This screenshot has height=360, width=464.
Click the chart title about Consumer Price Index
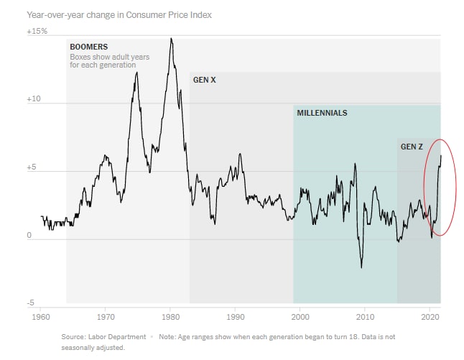[x=119, y=14]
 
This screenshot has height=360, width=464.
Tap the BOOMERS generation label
[x=88, y=47]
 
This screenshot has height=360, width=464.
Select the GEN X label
[x=204, y=79]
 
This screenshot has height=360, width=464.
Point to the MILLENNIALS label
[x=322, y=113]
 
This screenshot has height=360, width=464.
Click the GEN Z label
[x=412, y=147]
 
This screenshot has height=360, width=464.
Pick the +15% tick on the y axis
[x=37, y=31]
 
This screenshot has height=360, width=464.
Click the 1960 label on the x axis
[x=40, y=316]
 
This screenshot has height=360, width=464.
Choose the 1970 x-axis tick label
[x=106, y=316]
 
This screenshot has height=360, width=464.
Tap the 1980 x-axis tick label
[x=170, y=316]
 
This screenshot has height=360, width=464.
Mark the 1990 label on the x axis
[x=235, y=316]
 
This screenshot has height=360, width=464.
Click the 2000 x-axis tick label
[x=300, y=316]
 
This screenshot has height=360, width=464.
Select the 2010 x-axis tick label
[x=365, y=316]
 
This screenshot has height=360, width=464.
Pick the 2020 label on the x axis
[x=430, y=316]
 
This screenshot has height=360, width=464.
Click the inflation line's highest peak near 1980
[x=171, y=39]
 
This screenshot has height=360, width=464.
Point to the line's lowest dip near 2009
[x=361, y=267]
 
